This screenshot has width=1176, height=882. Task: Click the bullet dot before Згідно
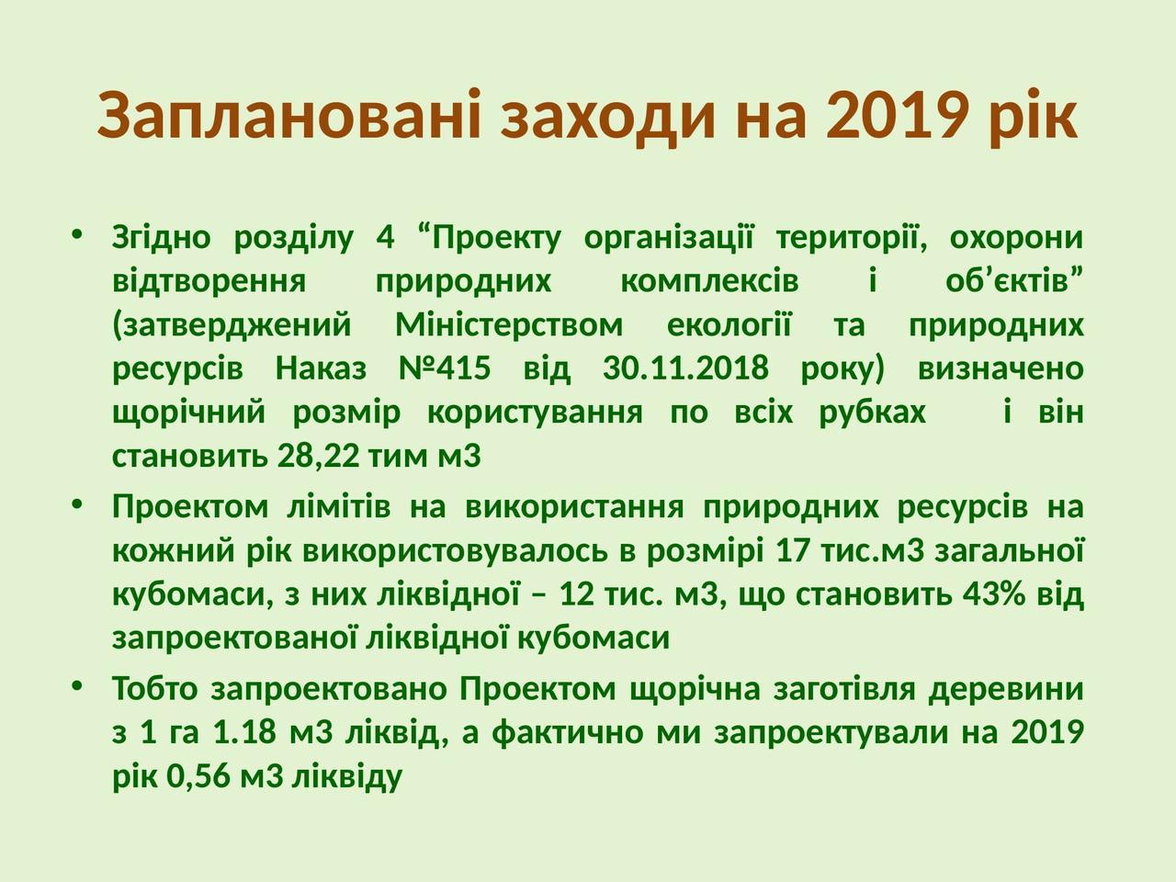coord(77,234)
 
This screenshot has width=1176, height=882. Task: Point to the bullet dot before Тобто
coord(77,685)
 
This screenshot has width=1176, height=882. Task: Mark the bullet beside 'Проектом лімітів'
coord(77,503)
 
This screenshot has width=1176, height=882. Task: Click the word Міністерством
coord(509,324)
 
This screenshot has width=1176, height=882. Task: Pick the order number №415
coord(445,368)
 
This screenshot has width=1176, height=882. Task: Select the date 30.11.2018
coord(685,368)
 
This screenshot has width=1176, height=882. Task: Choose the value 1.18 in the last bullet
coord(244,731)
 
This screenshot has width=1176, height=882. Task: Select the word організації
coord(669,238)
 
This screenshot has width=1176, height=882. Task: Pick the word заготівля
coord(844,689)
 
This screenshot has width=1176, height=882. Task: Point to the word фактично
coord(568,732)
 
